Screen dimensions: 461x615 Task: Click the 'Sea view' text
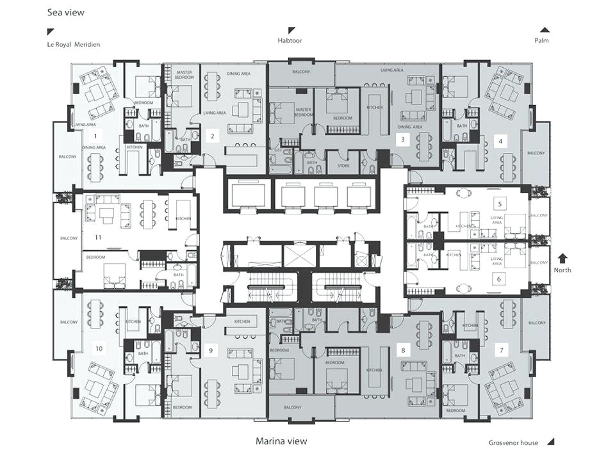(x=65, y=12)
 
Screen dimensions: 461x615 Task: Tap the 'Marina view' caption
(x=281, y=441)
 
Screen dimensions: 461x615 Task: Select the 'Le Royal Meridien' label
(x=73, y=44)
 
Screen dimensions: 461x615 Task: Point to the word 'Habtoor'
(x=290, y=40)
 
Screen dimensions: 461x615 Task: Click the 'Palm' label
(x=541, y=40)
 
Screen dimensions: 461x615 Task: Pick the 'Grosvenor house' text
(x=512, y=442)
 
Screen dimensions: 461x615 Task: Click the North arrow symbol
(x=562, y=259)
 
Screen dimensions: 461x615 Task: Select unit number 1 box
(x=95, y=136)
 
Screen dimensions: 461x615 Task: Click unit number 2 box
(x=211, y=135)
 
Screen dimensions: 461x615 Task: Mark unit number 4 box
(x=500, y=140)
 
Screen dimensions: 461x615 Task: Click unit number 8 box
(x=402, y=350)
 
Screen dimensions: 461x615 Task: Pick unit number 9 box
(x=211, y=350)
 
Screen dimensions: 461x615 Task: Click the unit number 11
(x=98, y=237)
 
